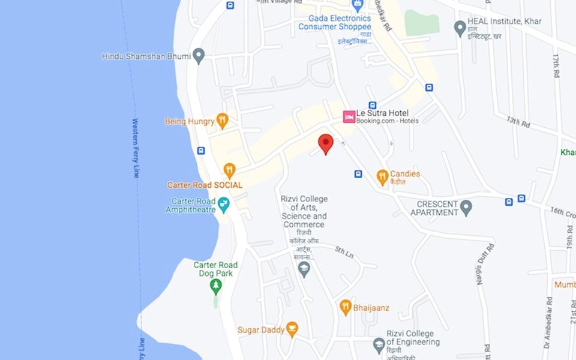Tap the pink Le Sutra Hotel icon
(x=349, y=116)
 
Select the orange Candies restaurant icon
(x=382, y=177)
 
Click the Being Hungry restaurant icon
(x=222, y=121)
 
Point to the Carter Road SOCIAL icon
(x=229, y=170)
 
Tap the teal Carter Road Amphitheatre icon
(x=224, y=205)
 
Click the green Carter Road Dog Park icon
(x=215, y=286)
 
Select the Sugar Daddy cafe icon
(x=292, y=329)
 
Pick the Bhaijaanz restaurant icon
(x=345, y=307)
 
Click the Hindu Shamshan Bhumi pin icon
(x=199, y=56)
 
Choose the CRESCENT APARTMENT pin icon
(x=466, y=208)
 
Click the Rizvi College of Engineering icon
(x=379, y=345)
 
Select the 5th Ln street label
(x=344, y=253)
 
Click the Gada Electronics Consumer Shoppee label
(x=334, y=23)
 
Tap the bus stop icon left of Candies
(x=358, y=174)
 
